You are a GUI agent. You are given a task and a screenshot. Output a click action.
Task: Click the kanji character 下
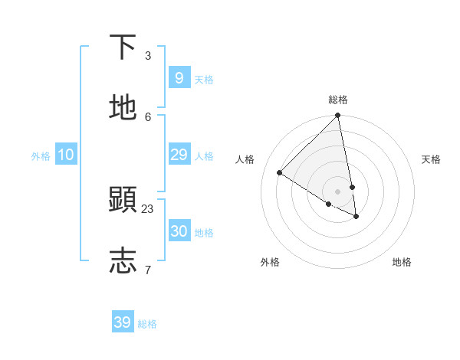pyautogui.click(x=123, y=47)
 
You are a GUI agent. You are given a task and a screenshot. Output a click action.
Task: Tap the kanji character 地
pyautogui.click(x=123, y=108)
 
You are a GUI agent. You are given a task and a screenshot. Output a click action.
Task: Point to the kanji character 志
pyautogui.click(x=123, y=260)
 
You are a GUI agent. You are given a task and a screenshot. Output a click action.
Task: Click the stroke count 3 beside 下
pyautogui.click(x=148, y=56)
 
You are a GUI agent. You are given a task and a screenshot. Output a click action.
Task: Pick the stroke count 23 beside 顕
pyautogui.click(x=148, y=208)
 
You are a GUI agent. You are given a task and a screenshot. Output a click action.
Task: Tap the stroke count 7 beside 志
pyautogui.click(x=148, y=270)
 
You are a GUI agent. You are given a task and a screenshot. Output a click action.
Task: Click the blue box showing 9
pyautogui.click(x=179, y=78)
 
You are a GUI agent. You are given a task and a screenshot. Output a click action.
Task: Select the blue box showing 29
pyautogui.click(x=179, y=155)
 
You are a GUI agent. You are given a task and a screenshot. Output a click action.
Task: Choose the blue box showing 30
pyautogui.click(x=179, y=231)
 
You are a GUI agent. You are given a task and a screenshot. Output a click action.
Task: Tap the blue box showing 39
pyautogui.click(x=123, y=322)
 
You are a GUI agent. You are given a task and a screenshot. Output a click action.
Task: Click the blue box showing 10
pyautogui.click(x=66, y=155)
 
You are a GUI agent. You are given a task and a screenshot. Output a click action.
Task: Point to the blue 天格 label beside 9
pyautogui.click(x=204, y=79)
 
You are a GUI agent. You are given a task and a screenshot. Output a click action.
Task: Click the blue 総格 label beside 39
pyautogui.click(x=147, y=324)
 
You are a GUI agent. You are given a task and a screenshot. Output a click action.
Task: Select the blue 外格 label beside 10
pyautogui.click(x=41, y=155)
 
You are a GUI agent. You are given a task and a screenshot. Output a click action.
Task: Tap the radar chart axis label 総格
pyautogui.click(x=338, y=100)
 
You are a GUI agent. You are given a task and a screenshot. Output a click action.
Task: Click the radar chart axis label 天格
pyautogui.click(x=431, y=159)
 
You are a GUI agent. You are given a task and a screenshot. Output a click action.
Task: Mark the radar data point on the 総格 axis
pyautogui.click(x=338, y=116)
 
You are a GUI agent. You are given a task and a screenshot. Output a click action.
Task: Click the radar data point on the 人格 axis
pyautogui.click(x=280, y=172)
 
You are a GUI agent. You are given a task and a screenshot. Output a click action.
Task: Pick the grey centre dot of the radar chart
pyautogui.click(x=338, y=191)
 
